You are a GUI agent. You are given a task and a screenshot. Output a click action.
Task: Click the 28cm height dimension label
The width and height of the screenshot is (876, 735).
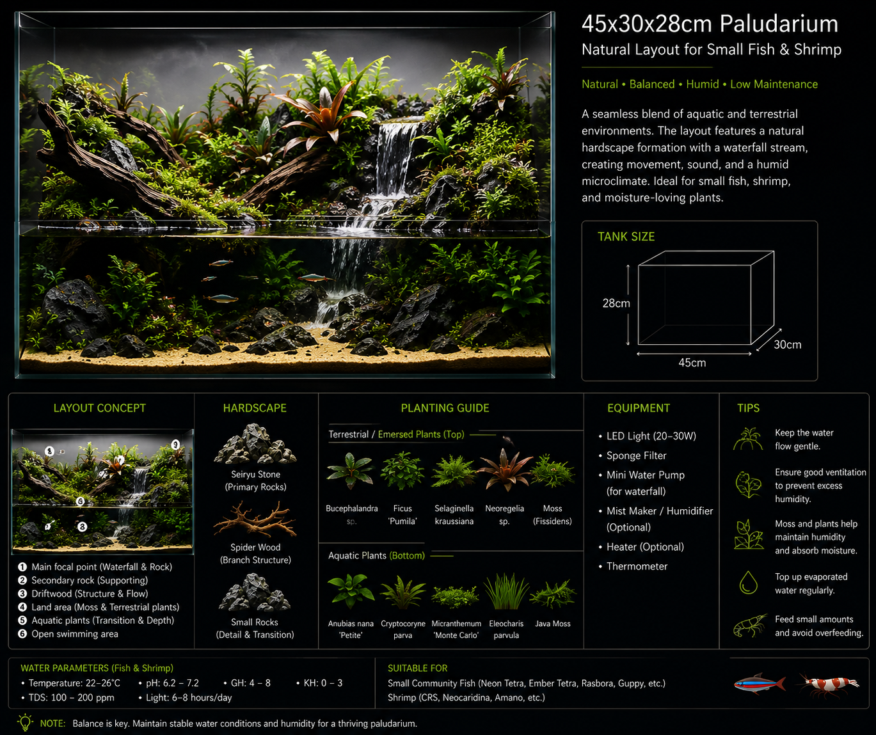(616, 303)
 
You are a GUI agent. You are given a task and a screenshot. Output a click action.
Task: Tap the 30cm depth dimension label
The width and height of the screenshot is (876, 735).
(788, 345)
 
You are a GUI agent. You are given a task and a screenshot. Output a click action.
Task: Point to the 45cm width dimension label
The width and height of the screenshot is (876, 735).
(692, 363)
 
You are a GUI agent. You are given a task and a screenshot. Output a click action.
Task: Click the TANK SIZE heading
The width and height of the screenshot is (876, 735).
(626, 237)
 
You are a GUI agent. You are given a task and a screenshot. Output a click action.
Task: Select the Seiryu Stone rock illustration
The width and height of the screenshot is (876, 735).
(255, 445)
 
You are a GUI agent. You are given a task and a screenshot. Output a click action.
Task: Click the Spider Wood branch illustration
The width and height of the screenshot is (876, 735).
(255, 519)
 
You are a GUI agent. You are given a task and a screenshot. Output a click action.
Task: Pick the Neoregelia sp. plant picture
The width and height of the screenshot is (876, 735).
(505, 470)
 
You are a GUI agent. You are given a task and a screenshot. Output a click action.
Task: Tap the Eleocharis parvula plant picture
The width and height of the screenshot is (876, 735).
(506, 592)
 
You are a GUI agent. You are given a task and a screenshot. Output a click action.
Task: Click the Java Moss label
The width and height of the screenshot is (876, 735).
(552, 624)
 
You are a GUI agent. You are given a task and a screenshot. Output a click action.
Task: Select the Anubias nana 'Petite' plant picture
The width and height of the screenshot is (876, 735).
(351, 592)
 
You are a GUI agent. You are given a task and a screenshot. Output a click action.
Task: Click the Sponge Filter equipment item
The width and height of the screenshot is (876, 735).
(636, 455)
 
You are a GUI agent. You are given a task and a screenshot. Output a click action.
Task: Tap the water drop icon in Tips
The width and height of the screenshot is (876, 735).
(748, 582)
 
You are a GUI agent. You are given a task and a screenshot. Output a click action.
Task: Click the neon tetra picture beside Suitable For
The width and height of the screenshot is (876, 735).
(760, 684)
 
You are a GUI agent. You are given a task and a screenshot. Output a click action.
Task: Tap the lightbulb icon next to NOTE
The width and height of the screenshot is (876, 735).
(25, 722)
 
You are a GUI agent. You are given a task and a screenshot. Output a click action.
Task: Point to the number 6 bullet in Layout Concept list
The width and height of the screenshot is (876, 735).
(22, 633)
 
